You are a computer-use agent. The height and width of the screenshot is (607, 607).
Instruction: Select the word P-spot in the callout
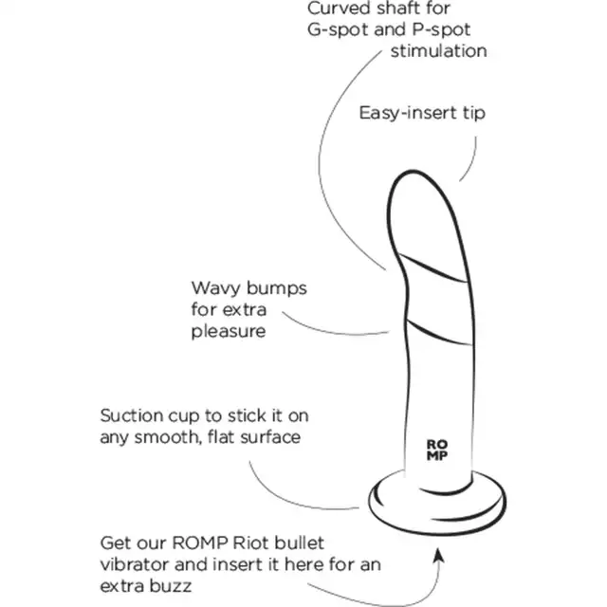(440, 29)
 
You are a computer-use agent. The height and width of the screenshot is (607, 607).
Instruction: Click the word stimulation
(438, 50)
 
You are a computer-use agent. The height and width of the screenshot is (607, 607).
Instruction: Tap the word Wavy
(215, 288)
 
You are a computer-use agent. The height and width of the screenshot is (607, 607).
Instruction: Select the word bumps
(276, 288)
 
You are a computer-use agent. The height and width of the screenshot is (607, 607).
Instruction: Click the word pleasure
(229, 332)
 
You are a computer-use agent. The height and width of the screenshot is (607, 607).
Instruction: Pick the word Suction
(131, 415)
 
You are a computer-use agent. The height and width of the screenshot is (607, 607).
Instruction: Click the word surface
(270, 437)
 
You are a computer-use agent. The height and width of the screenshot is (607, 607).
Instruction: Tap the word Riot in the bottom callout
(250, 543)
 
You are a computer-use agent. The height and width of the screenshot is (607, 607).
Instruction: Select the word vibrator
(134, 565)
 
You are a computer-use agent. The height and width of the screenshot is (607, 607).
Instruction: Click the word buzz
(171, 586)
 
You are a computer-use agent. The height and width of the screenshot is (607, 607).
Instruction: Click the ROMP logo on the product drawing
(437, 450)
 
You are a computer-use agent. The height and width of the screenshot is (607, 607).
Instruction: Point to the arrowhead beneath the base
(438, 554)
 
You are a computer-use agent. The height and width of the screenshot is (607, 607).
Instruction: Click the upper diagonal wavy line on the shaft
(432, 267)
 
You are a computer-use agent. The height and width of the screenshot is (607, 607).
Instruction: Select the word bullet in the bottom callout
(299, 543)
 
